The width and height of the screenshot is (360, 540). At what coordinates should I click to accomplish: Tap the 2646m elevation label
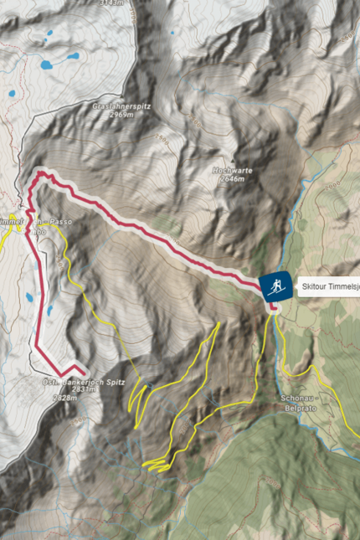[x=230, y=179]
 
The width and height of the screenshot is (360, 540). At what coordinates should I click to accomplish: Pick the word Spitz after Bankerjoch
[x=115, y=382]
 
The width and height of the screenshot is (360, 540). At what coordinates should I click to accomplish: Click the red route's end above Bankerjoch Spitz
[x=85, y=371]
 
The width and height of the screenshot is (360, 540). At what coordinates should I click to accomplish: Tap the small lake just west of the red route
[x=31, y=297]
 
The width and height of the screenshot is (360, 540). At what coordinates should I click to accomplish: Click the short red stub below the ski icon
[x=273, y=307]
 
